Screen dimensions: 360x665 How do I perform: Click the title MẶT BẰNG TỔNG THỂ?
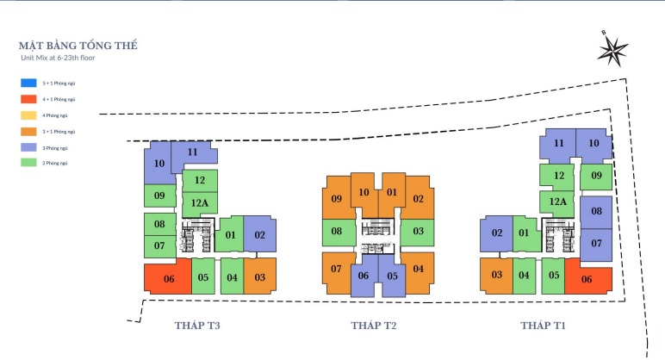tap(78, 44)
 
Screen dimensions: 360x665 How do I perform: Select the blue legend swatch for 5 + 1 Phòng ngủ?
tap(28, 84)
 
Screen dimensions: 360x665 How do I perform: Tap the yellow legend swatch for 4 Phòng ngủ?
tap(28, 115)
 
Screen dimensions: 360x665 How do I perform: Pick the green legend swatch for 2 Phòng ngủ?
tap(28, 163)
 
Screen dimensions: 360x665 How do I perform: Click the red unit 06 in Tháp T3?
tap(168, 278)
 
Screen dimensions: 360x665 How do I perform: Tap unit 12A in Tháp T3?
tap(200, 204)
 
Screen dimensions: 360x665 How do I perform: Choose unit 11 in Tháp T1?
tap(559, 144)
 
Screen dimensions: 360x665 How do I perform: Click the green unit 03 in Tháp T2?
tap(418, 231)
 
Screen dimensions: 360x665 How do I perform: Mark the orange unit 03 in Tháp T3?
tap(259, 276)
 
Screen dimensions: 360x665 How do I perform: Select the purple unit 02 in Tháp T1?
tap(497, 233)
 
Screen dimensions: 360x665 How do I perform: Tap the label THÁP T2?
tap(373, 326)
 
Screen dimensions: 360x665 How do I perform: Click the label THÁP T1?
tap(543, 326)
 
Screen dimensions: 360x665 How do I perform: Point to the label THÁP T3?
tap(197, 326)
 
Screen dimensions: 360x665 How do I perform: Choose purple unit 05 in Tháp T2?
tap(391, 276)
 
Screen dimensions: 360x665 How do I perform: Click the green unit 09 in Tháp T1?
tap(595, 177)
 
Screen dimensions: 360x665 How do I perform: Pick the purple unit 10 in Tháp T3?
tap(158, 164)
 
